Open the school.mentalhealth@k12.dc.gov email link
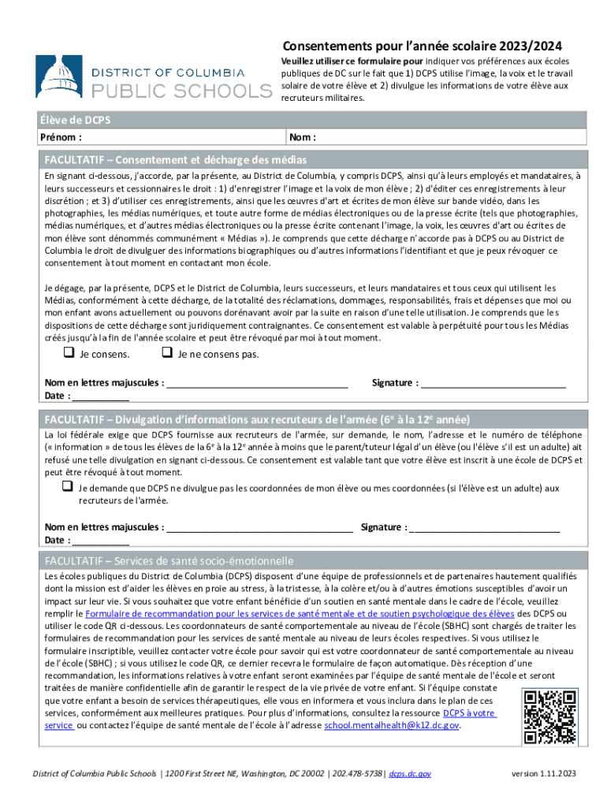(x=391, y=726)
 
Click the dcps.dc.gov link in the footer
(x=410, y=775)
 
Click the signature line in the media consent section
(x=493, y=384)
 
